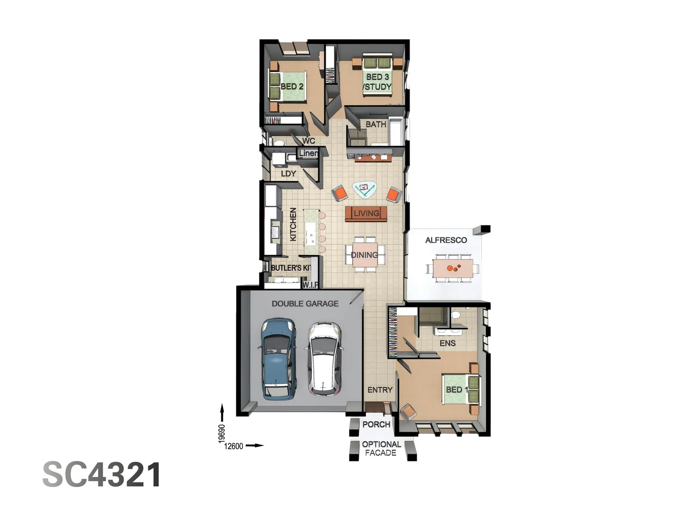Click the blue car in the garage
[278, 359]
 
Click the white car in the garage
[324, 359]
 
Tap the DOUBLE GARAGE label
[305, 303]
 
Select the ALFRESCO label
[446, 240]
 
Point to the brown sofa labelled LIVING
[366, 214]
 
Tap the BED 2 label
[292, 87]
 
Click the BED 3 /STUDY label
[377, 82]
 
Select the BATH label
[376, 124]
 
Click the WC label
[309, 141]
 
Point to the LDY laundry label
[288, 174]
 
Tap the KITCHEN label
[293, 224]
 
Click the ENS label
[447, 343]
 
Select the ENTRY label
[380, 390]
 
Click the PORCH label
[376, 425]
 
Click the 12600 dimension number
[233, 446]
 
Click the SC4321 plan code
[102, 475]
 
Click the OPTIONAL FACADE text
[381, 449]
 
